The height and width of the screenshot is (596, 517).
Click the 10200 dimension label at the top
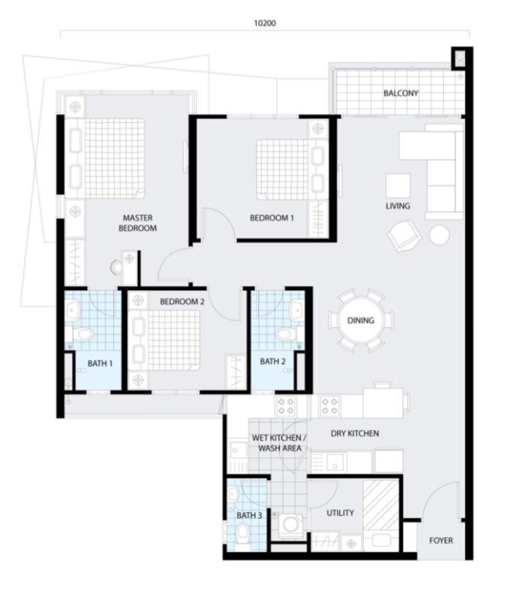265,23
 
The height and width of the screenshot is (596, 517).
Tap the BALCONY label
401,93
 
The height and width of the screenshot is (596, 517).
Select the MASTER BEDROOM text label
137,223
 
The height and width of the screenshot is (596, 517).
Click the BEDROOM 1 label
272,218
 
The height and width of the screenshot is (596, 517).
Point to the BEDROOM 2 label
182,302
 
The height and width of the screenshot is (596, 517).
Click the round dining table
361,320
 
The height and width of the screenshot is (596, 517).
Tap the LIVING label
398,206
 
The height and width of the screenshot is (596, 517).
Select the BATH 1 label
100,364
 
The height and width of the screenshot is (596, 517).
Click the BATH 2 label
273,361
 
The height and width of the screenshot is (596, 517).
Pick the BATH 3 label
249,516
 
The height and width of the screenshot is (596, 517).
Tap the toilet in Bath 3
241,532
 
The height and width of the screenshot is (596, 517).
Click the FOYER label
441,540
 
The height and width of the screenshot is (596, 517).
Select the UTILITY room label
341,513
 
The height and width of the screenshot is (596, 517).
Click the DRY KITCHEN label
354,433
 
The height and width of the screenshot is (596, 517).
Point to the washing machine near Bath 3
291,524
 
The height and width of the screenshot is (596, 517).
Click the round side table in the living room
440,235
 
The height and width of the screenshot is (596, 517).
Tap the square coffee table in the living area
398,186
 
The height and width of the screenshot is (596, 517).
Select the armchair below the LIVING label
404,235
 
